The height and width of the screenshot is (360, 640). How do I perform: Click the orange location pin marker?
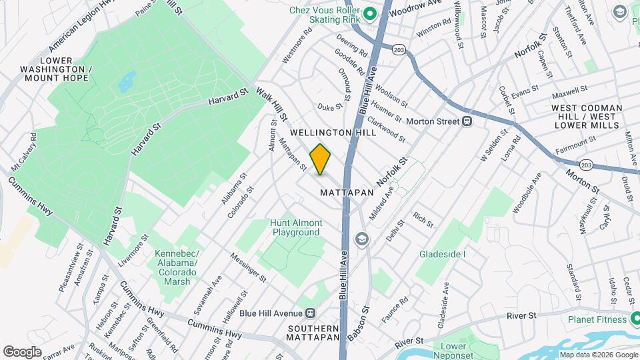coord(321,159)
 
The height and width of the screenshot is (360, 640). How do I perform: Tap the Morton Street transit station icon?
coord(467,121)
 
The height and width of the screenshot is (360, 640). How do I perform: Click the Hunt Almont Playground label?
coord(296,228)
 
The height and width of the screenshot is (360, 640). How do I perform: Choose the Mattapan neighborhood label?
coord(347,192)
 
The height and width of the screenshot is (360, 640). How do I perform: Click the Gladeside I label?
coord(442,254)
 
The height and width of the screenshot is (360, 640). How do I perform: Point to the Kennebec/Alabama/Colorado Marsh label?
coord(176,267)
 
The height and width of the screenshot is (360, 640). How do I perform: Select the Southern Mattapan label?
coord(313,333)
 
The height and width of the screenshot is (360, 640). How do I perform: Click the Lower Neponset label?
coord(454,350)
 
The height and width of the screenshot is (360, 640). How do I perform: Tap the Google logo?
coord(22,351)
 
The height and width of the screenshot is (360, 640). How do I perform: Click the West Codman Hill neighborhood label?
coord(587,116)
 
